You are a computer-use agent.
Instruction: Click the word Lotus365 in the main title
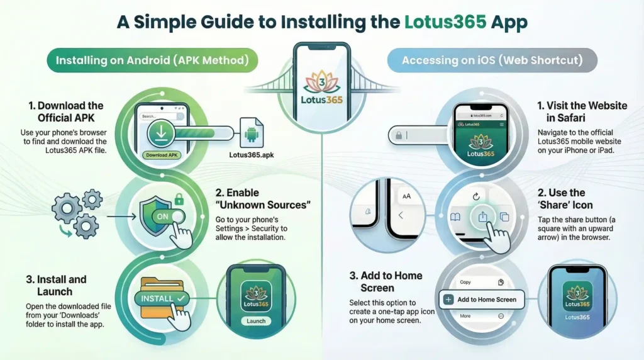(x=445, y=22)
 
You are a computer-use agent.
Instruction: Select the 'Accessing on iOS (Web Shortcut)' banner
(x=492, y=60)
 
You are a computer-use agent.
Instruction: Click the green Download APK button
(x=162, y=155)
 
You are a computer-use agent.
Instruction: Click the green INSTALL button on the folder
(x=163, y=297)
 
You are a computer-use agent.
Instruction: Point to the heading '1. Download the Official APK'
(x=66, y=111)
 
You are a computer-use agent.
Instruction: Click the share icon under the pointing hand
(x=483, y=217)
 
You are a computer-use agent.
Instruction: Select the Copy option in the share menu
(x=465, y=283)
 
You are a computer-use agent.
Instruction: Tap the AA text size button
(x=406, y=196)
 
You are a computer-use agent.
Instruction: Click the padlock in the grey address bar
(x=399, y=135)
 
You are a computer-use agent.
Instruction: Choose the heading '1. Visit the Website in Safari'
(x=582, y=111)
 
